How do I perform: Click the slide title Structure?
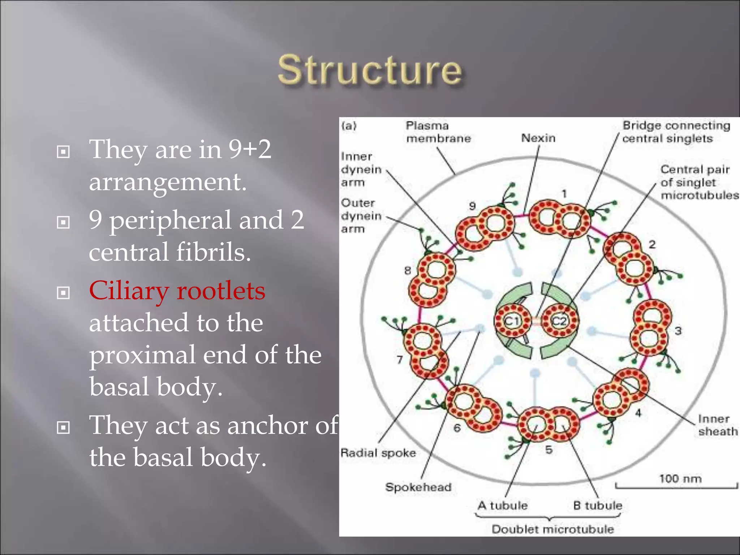(x=370, y=71)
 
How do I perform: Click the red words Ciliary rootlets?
(x=177, y=291)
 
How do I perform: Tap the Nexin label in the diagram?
(x=538, y=138)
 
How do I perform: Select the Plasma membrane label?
(x=438, y=132)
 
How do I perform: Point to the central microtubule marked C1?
(x=512, y=320)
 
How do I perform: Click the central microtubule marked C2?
(x=560, y=320)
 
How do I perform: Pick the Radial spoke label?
(x=378, y=453)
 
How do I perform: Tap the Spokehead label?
(x=418, y=487)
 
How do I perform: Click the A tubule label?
(x=503, y=505)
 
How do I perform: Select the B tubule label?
(x=598, y=505)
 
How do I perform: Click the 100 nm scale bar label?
(x=680, y=479)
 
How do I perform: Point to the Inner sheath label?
(x=717, y=425)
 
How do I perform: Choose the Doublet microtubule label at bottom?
(x=552, y=529)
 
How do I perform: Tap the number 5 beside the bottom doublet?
(x=549, y=450)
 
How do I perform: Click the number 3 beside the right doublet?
(x=678, y=331)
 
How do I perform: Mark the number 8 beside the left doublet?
(x=408, y=270)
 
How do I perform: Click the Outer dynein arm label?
(x=361, y=216)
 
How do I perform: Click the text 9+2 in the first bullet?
(x=249, y=149)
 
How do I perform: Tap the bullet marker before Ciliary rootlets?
(x=63, y=293)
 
